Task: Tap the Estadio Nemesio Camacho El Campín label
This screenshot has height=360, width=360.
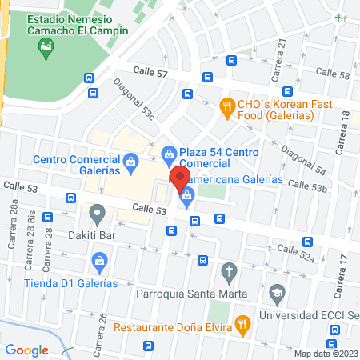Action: (x=78, y=24)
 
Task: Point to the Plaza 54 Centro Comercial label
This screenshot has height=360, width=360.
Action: (x=218, y=158)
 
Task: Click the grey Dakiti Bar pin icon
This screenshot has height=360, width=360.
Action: (x=97, y=214)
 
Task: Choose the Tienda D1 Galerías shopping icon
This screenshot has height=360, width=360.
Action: (x=100, y=260)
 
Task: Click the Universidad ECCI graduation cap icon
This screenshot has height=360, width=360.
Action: (x=278, y=293)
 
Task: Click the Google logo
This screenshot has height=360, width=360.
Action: (x=27, y=350)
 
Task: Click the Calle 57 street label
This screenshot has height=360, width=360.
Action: (x=151, y=73)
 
